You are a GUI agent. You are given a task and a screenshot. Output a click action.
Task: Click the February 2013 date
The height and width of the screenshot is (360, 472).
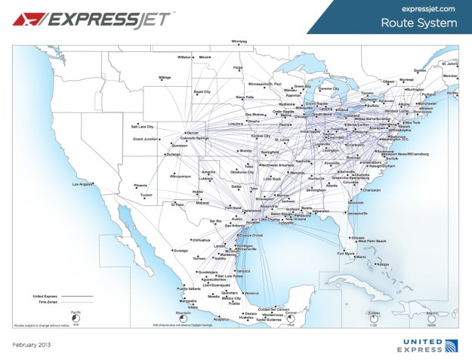[x=31, y=345]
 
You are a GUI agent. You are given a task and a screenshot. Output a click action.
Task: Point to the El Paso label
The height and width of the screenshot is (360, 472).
[x=177, y=205]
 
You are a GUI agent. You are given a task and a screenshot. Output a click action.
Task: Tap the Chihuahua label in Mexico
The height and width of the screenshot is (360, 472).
[x=200, y=240]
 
